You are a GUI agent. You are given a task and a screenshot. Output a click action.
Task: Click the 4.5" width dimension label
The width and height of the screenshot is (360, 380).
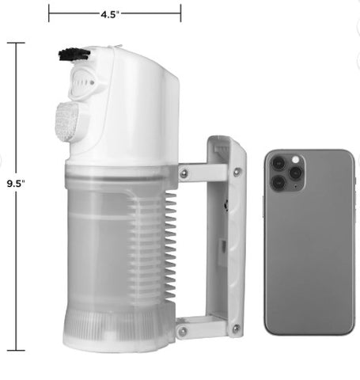coord(110,14)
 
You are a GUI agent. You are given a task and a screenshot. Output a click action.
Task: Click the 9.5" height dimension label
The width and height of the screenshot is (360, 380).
coord(16,184)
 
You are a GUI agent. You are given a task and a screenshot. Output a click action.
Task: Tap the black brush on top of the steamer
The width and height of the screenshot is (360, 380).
coord(74,55)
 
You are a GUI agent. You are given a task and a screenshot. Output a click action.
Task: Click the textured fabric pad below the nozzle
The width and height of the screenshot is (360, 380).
coord(67,122)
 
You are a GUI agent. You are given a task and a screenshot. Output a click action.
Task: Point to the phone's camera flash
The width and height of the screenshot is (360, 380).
coord(295,160)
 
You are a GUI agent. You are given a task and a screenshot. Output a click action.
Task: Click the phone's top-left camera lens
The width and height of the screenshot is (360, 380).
coord(279,163)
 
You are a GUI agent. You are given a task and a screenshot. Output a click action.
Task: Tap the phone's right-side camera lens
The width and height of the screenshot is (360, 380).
coord(295,173)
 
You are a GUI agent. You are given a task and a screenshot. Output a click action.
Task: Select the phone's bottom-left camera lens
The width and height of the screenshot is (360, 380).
coord(279,182)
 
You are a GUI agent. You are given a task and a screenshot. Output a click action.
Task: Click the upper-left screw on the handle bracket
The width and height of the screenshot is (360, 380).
coord(184,173)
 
